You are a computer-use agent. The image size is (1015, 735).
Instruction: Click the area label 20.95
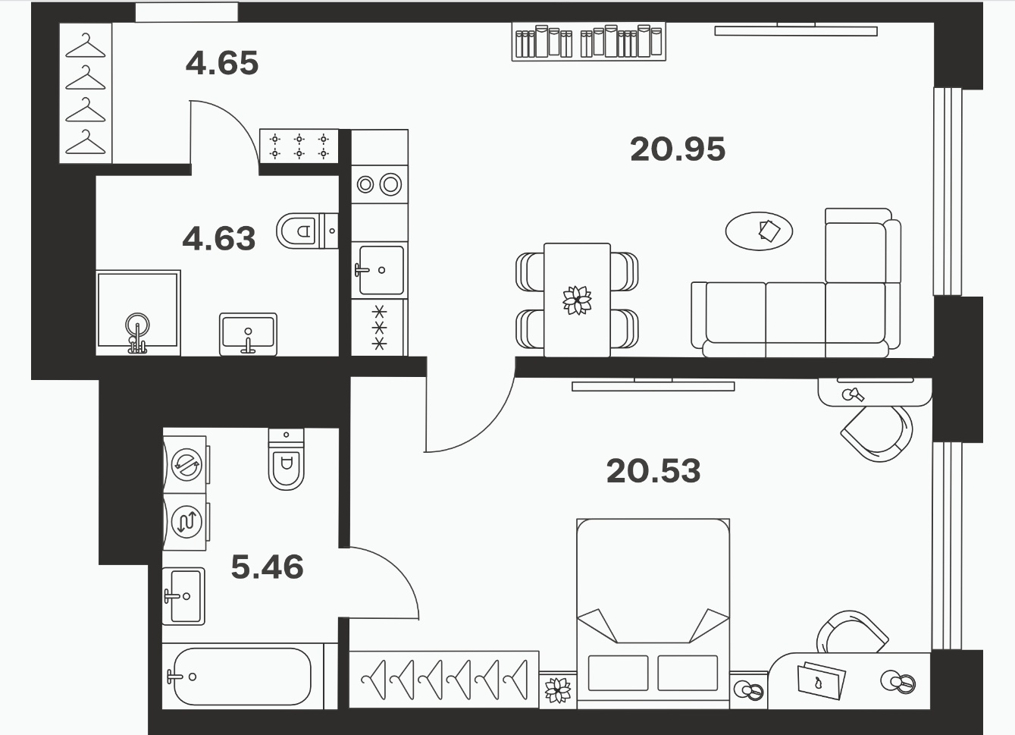click(678, 149)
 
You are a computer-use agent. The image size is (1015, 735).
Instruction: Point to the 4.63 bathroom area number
click(219, 238)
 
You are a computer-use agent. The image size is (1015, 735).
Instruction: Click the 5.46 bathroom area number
click(267, 567)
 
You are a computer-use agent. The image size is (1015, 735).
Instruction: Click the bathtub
click(243, 677)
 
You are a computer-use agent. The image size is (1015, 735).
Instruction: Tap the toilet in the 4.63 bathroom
click(307, 231)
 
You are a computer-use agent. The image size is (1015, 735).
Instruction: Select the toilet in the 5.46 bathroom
click(286, 459)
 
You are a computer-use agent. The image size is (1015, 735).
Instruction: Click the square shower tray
click(138, 313)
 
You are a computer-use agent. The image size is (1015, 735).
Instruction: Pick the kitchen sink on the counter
click(381, 270)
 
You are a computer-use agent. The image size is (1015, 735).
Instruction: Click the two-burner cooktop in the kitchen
click(379, 184)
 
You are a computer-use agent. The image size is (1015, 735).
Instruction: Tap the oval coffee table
click(759, 231)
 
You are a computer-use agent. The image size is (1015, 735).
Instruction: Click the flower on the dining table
click(577, 300)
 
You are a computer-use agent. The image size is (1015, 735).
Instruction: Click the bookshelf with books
click(589, 41)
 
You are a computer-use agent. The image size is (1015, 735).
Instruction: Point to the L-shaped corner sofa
click(796, 284)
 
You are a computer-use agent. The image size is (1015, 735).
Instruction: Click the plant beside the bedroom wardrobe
click(557, 690)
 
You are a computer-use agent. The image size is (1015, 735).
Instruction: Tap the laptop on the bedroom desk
click(821, 680)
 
